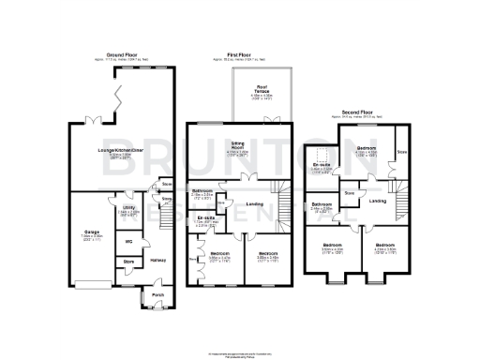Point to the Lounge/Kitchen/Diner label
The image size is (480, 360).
click(124, 150)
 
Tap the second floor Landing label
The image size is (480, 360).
click(378, 201)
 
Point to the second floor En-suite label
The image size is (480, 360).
click(322, 165)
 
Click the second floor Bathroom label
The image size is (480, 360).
click(322, 203)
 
